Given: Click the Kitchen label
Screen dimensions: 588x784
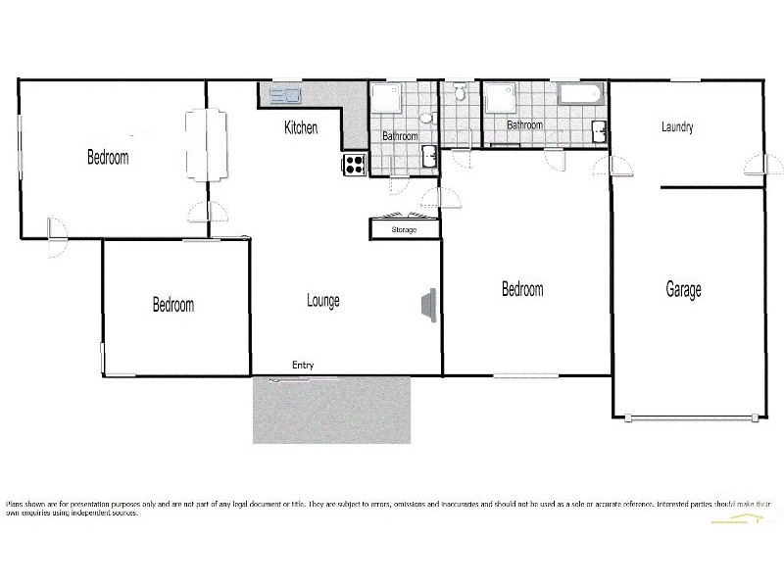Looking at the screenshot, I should point(301,127).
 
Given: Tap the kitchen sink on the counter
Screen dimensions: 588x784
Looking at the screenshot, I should point(284,95).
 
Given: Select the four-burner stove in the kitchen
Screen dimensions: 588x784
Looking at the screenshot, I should point(353,165).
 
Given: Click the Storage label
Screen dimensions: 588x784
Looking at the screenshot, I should point(404,229).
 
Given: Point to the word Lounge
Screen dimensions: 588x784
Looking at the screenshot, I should point(323,301).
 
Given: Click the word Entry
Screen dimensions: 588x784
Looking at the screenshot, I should point(303,366).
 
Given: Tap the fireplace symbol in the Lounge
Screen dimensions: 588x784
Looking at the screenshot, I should point(428,305).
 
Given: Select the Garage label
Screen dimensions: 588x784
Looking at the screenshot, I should point(683,290).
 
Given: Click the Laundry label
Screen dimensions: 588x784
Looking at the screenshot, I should point(677,127).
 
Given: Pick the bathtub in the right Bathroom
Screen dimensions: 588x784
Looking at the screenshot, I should point(582,95).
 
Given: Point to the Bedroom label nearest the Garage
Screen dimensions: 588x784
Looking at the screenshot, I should point(522,289).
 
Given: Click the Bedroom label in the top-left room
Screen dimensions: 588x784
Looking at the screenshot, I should point(108,157).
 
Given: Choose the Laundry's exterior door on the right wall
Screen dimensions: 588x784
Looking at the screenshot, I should point(755,165).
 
